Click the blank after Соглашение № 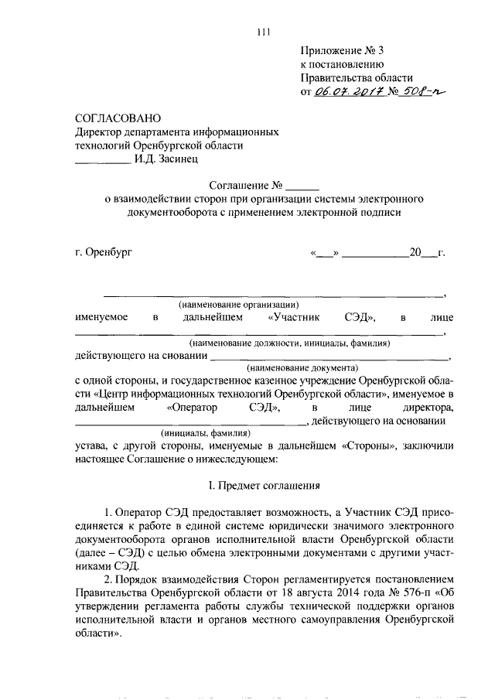pyautogui.click(x=302, y=186)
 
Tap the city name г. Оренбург pyautogui.click(x=104, y=253)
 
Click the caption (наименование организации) pyautogui.click(x=238, y=305)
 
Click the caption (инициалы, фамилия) pyautogui.click(x=205, y=433)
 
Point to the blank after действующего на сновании pyautogui.click(x=329, y=356)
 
